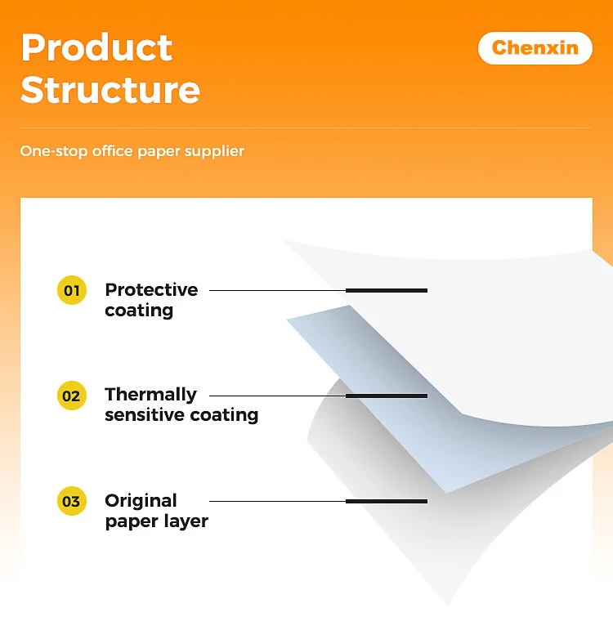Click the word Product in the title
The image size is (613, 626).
[x=96, y=48]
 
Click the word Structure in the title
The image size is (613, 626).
[x=110, y=89]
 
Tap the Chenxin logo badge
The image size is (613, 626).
[x=535, y=48]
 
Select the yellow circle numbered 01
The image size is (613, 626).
[x=72, y=290]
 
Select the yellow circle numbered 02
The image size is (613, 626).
[x=72, y=396]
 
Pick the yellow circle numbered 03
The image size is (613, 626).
[x=72, y=501]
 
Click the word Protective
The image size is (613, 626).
[x=151, y=289]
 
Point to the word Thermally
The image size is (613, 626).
[x=150, y=394]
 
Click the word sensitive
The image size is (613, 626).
[x=144, y=415]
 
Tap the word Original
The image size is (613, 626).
[x=141, y=500]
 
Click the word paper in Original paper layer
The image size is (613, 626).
[x=131, y=521]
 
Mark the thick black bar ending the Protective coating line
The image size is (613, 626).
[x=387, y=290]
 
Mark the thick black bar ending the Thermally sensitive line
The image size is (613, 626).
[x=387, y=396]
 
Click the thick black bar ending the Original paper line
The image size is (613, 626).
[x=387, y=501]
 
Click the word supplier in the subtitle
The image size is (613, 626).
[x=215, y=151]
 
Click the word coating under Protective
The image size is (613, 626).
[x=139, y=311]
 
